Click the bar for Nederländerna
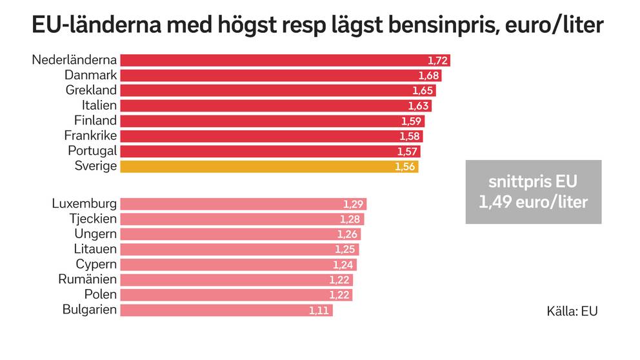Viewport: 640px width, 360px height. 284,60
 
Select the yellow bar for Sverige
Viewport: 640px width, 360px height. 269,166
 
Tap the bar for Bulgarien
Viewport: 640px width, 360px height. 226,310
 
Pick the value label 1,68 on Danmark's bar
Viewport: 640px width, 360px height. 429,75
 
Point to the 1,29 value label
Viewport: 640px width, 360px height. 354,205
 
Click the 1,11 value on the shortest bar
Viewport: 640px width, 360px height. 319,310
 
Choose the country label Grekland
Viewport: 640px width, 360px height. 91,90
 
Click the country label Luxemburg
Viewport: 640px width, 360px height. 84,204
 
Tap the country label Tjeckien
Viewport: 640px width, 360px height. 93,219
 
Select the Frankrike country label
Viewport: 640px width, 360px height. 90,135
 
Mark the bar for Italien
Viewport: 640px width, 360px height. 275,105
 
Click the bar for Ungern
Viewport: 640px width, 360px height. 240,234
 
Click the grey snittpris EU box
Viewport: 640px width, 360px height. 533,192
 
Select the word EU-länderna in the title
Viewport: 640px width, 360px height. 97,27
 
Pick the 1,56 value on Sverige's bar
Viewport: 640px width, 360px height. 405,166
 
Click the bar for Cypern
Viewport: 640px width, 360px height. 238,265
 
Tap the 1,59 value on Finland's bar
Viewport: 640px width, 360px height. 411,121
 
